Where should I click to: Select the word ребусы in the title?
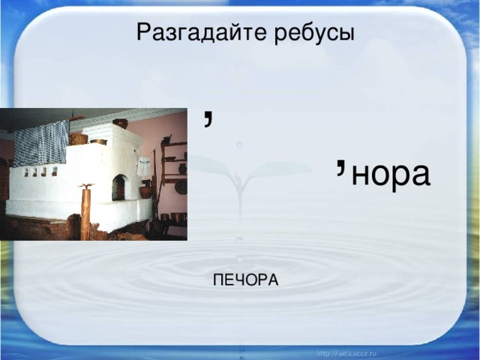pos(314,33)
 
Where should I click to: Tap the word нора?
pos(391,175)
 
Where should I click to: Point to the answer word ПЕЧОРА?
pos(245,280)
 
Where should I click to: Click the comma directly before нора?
pos(340,168)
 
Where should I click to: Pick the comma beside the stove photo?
pos(208,118)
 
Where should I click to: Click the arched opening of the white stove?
pos(120,187)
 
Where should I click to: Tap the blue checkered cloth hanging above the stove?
pos(41,142)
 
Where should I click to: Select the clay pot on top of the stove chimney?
pos(121,123)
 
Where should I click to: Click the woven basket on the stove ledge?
pos(78,139)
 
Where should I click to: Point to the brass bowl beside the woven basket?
pos(98,142)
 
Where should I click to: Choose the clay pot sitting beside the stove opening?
pos(145,190)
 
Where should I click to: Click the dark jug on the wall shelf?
pos(182,169)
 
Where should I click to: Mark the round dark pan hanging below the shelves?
pos(181,187)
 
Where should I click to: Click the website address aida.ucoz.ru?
pos(346,354)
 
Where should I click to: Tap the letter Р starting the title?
pos(144,31)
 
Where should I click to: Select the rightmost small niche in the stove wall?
pos(55,172)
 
